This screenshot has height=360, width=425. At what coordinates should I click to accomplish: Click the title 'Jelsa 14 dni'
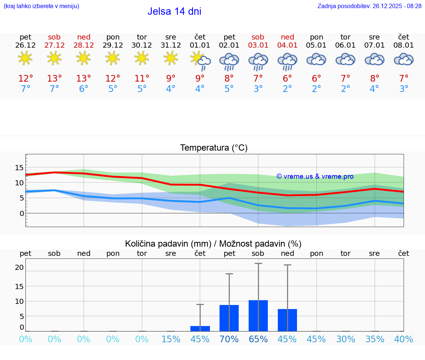174,11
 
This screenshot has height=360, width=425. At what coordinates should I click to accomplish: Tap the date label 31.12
170,45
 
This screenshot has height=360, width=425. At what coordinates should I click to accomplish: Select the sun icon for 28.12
83,58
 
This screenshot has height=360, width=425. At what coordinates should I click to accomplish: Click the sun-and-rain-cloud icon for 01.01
200,60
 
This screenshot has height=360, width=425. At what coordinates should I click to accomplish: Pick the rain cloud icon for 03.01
258,61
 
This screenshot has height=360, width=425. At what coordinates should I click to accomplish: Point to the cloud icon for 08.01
404,59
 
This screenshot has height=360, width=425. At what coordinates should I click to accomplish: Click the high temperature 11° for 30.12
142,79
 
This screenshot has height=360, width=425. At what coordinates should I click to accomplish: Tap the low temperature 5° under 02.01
229,89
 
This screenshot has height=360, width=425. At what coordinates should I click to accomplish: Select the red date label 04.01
287,45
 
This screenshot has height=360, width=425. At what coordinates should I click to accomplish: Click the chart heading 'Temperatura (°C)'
214,148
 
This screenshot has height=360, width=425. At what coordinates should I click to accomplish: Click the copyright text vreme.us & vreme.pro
315,176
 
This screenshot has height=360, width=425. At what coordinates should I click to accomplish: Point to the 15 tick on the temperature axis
19,168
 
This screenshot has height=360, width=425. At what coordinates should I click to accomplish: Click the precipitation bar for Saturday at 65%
258,316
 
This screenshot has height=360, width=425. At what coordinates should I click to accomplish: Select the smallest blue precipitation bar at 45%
200,328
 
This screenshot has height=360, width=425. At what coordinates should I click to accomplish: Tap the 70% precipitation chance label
229,339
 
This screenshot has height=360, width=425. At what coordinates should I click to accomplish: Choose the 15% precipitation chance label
171,339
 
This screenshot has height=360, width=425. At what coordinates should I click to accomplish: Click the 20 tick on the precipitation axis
19,268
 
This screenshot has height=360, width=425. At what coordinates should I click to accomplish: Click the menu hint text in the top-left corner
41,6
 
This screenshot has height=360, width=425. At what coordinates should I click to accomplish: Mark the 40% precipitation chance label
404,339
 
